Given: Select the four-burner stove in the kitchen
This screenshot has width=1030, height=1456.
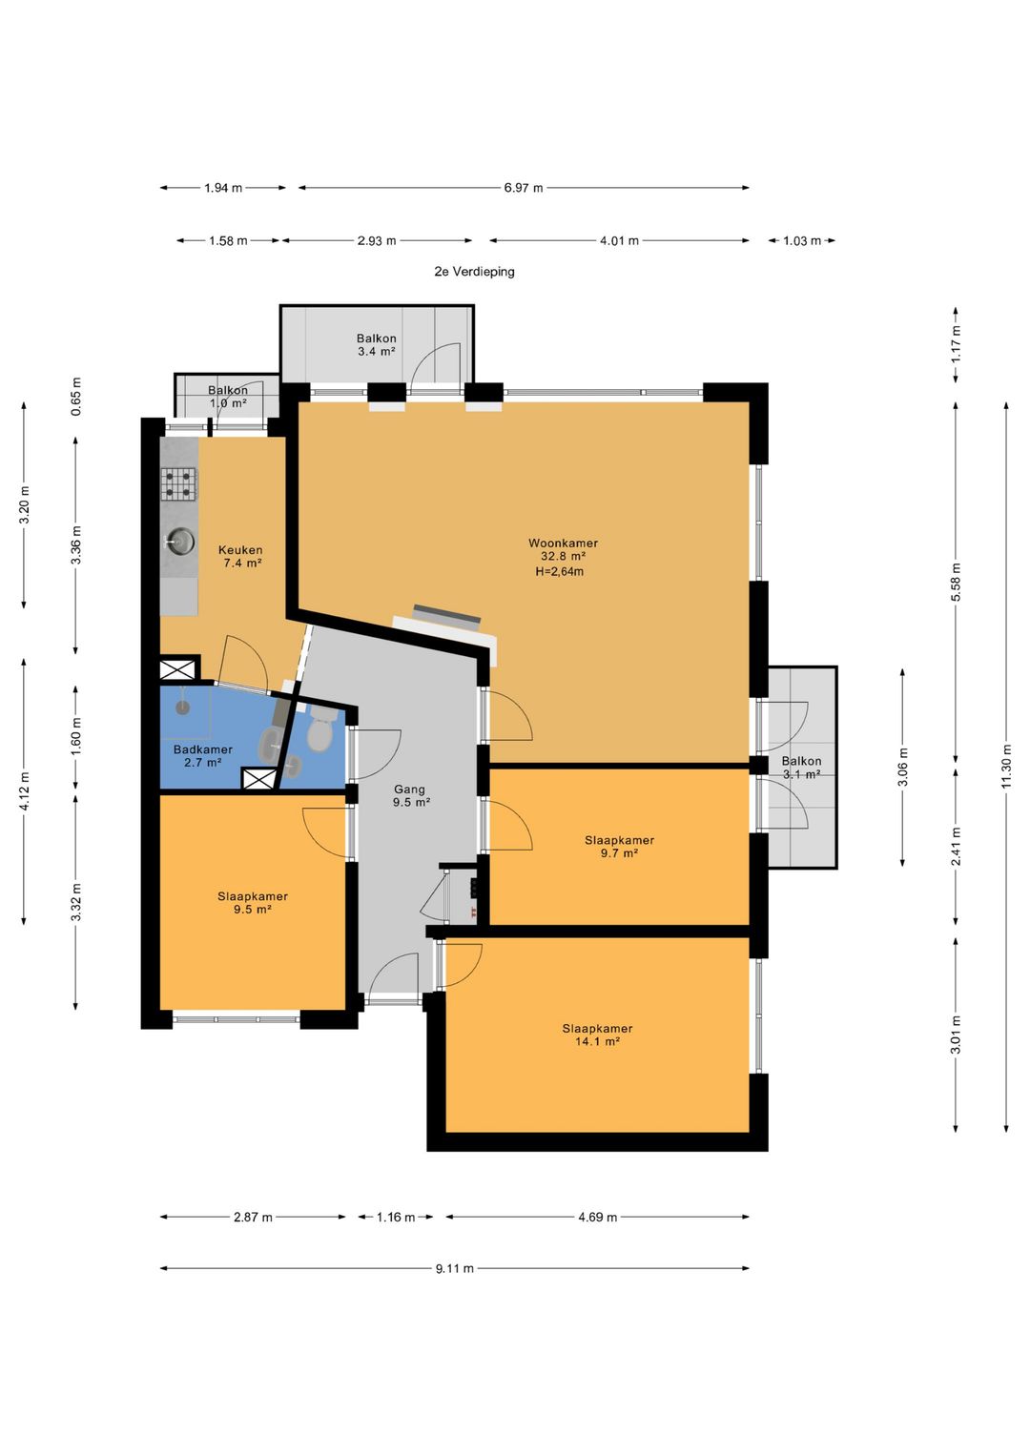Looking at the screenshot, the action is (x=179, y=484).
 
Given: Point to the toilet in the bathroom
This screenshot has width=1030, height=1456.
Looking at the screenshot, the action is (x=319, y=730).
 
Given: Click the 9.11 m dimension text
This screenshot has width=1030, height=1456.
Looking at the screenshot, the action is (x=455, y=1268).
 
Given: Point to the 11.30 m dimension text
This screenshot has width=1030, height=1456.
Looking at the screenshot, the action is (x=1006, y=767).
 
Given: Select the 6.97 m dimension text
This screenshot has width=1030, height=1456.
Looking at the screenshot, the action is (x=524, y=188).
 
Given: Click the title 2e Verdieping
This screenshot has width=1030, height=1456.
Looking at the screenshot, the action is (x=474, y=271).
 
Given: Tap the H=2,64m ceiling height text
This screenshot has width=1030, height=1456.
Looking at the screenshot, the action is (x=559, y=572).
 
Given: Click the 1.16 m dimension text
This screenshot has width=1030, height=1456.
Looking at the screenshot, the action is (x=396, y=1217).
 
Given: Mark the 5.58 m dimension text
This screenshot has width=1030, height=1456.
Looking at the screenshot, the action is (x=956, y=583).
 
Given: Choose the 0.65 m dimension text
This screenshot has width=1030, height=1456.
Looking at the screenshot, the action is (x=76, y=396).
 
